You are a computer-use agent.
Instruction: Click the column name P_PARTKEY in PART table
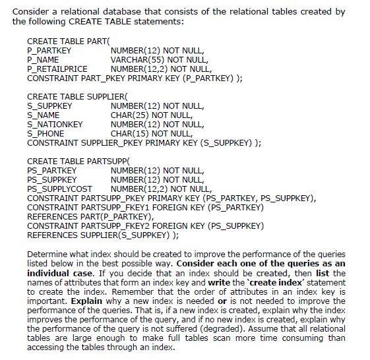point(49,50)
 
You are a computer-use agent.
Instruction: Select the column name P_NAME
point(44,59)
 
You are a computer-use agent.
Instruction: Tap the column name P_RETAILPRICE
point(57,68)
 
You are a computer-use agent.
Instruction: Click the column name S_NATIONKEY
point(55,124)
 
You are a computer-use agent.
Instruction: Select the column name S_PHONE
point(46,133)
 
